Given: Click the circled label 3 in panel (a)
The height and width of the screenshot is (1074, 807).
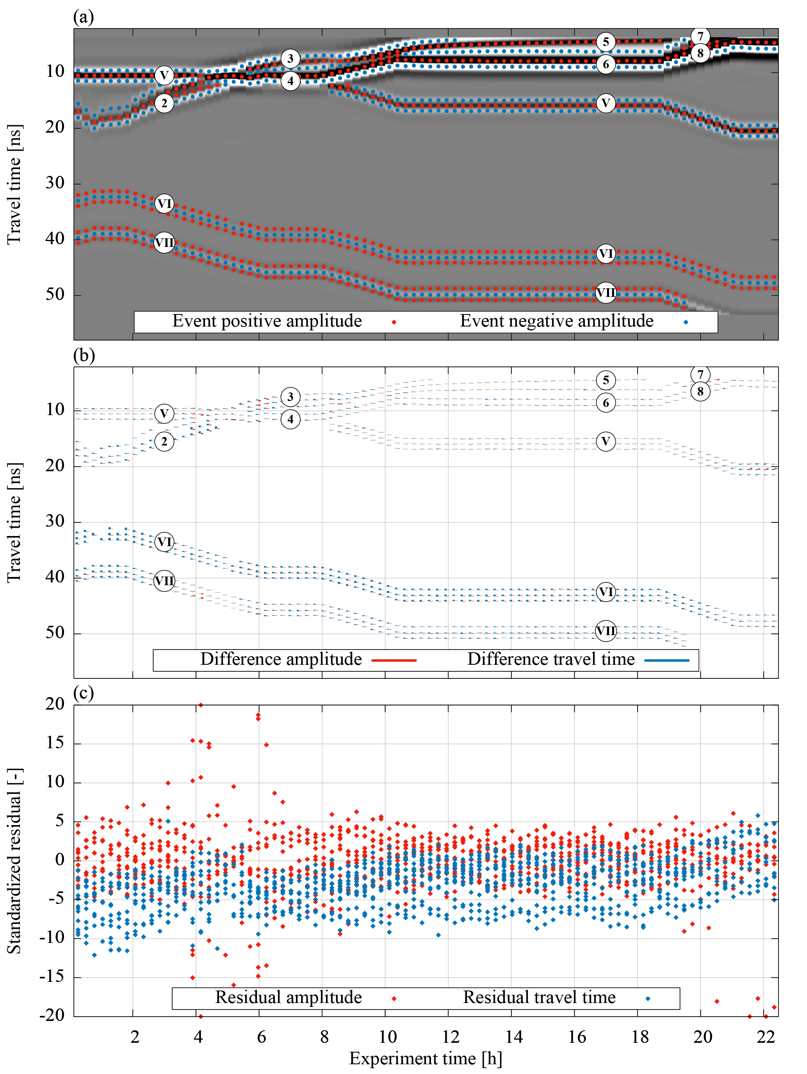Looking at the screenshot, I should pyautogui.click(x=290, y=59).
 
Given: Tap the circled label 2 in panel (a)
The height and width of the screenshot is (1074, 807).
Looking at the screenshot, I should pyautogui.click(x=164, y=103).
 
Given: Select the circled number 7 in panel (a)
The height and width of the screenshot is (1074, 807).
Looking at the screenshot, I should pyautogui.click(x=700, y=36).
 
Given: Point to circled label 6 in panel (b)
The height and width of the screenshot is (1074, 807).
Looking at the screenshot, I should pyautogui.click(x=606, y=403).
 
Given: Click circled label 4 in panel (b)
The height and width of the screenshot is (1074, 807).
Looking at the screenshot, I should pyautogui.click(x=290, y=419).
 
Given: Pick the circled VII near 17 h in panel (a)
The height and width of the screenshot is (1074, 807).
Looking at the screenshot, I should pyautogui.click(x=606, y=293).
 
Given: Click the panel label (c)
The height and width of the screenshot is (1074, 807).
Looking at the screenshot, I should pyautogui.click(x=84, y=693).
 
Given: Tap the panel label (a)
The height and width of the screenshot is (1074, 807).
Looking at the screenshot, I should pyautogui.click(x=84, y=17).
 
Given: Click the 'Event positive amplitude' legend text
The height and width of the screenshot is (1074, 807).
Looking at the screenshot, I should pyautogui.click(x=267, y=321).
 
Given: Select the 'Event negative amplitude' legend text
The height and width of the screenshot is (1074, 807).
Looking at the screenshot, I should pyautogui.click(x=556, y=321).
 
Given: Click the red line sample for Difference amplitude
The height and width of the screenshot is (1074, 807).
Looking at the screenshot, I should pyautogui.click(x=394, y=660).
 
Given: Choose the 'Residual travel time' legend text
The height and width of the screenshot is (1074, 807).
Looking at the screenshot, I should pyautogui.click(x=539, y=997).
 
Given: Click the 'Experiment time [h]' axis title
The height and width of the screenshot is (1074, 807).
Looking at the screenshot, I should pyautogui.click(x=425, y=1058).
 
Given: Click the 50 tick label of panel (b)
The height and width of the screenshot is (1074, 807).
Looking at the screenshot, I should pyautogui.click(x=55, y=633).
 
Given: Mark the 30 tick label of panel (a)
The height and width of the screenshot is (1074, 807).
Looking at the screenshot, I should pyautogui.click(x=55, y=183).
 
